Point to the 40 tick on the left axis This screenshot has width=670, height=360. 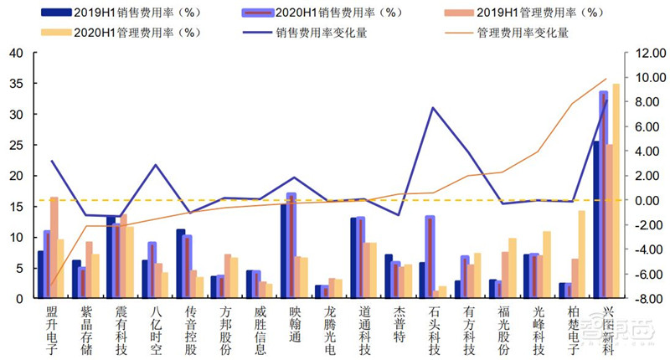click(x=16, y=53)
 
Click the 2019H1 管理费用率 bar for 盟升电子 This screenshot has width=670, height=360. click(x=54, y=248)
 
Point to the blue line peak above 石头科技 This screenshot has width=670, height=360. click(x=433, y=108)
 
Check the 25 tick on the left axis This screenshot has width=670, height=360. click(x=16, y=145)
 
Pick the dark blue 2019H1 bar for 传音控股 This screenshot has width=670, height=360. click(x=181, y=264)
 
